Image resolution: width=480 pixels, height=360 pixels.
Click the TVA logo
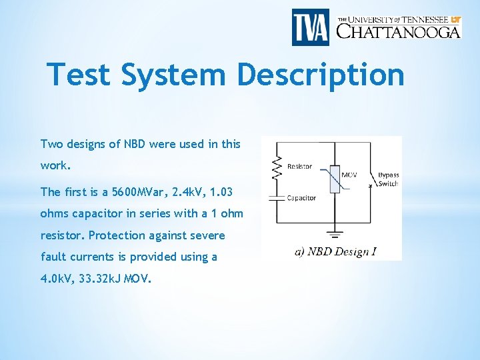(310, 27)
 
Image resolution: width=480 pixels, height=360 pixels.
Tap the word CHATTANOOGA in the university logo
(399, 31)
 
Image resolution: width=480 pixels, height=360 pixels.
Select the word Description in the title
(321, 74)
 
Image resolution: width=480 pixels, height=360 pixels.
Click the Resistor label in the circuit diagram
(299, 166)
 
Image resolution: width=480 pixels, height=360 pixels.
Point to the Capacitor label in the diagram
(301, 198)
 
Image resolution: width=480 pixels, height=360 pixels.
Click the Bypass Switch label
(388, 179)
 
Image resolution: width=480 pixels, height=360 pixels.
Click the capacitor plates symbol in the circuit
(274, 198)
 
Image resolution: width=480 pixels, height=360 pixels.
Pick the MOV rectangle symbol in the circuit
(335, 179)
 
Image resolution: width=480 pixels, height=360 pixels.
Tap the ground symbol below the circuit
(336, 234)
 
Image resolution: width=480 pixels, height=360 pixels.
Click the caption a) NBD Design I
(335, 251)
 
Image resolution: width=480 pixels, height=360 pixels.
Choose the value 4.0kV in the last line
(56, 278)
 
